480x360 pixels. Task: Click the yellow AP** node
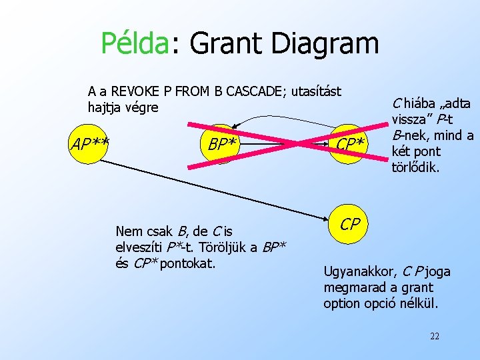click(x=90, y=143)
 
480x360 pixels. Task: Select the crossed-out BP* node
click(x=221, y=143)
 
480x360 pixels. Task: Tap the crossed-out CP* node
click(x=350, y=144)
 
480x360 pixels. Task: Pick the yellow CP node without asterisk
click(x=350, y=225)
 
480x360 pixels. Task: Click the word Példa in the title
click(x=135, y=44)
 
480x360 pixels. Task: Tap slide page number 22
click(x=435, y=335)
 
